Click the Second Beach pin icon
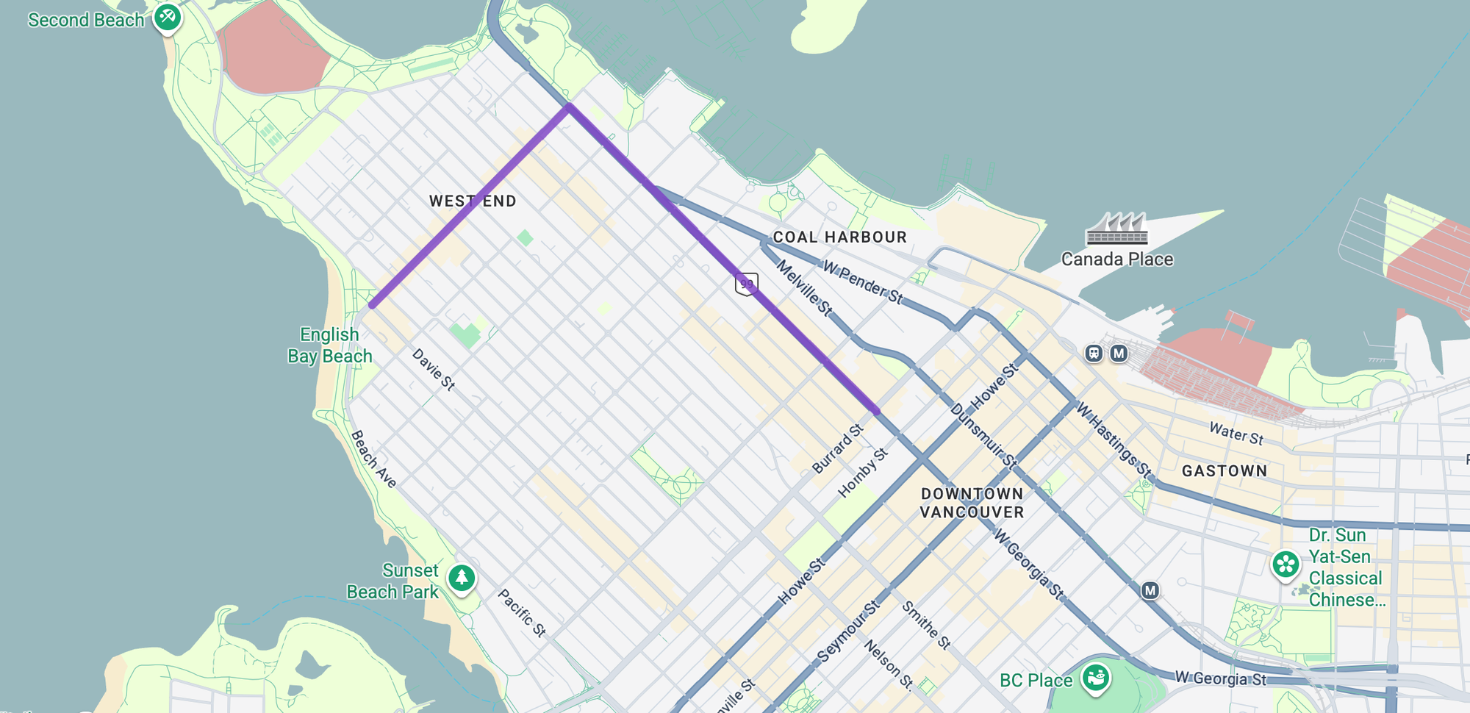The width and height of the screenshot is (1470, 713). pyautogui.click(x=167, y=17)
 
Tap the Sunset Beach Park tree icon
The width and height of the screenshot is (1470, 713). pyautogui.click(x=462, y=578)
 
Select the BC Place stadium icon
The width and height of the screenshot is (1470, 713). pyautogui.click(x=1095, y=676)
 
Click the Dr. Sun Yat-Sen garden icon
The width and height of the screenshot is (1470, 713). pyautogui.click(x=1286, y=565)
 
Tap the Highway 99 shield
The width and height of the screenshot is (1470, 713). pyautogui.click(x=746, y=283)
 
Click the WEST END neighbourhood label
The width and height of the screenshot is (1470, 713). pyautogui.click(x=473, y=201)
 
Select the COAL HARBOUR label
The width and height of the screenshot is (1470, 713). pyautogui.click(x=839, y=237)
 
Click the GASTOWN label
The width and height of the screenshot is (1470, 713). pyautogui.click(x=1224, y=471)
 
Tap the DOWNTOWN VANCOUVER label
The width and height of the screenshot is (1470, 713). pyautogui.click(x=972, y=503)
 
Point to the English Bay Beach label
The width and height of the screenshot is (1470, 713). pyautogui.click(x=329, y=345)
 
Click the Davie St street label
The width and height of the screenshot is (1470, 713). pyautogui.click(x=434, y=369)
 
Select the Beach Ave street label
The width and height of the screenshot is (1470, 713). pyautogui.click(x=373, y=459)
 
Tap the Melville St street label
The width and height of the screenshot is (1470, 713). pyautogui.click(x=805, y=288)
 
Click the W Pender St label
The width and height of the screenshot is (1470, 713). pyautogui.click(x=862, y=282)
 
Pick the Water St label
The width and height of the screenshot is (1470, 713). pyautogui.click(x=1236, y=433)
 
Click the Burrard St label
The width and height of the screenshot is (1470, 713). pyautogui.click(x=837, y=448)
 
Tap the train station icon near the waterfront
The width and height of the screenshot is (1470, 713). pyautogui.click(x=1094, y=354)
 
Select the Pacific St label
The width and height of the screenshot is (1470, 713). pyautogui.click(x=522, y=612)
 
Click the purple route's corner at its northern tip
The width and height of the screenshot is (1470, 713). pyautogui.click(x=569, y=107)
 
